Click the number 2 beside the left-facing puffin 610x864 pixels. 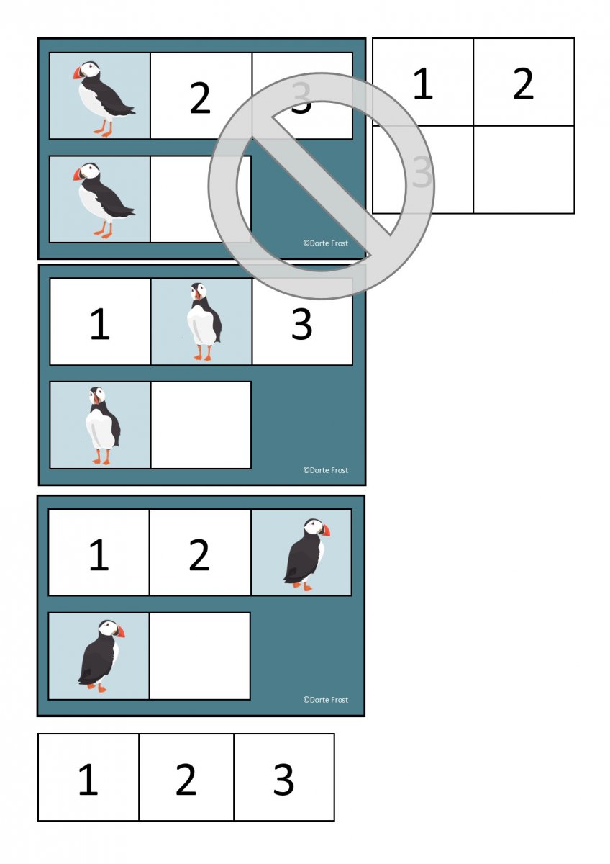200,99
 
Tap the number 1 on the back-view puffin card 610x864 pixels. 100,324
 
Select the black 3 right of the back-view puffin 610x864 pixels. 301,324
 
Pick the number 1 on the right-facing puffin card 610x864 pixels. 99,555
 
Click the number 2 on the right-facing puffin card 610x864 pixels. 199,555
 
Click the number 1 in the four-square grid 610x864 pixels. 423,84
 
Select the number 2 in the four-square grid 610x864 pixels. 523,84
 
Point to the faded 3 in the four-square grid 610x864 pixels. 422,171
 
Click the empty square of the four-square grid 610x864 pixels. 524,169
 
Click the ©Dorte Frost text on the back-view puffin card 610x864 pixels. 326,470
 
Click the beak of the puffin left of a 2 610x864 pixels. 78,73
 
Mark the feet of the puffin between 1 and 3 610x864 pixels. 203,357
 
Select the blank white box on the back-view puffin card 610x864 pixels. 201,425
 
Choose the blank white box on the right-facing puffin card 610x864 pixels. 199,656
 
